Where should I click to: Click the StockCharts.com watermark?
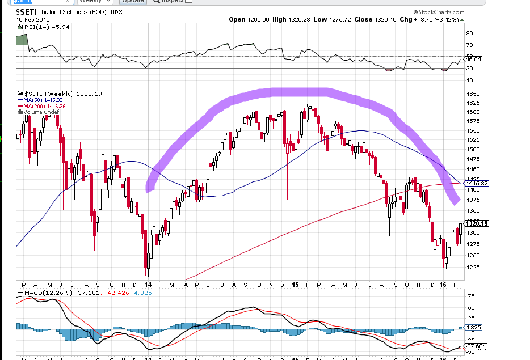click(440, 11)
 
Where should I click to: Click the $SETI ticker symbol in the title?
click(26, 11)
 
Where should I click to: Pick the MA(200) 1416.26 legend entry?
click(42, 106)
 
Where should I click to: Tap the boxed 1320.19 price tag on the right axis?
click(475, 223)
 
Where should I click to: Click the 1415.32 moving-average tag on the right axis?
click(475, 183)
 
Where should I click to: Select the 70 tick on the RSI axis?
click(470, 45)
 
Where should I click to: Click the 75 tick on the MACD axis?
click(470, 297)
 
